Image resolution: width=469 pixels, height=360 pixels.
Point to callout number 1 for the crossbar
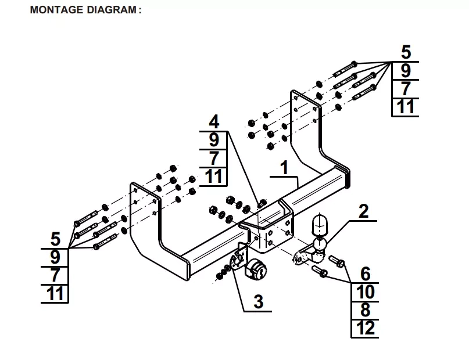pyautogui.click(x=284, y=168)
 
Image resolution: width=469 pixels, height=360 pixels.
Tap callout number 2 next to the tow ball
pyautogui.click(x=363, y=211)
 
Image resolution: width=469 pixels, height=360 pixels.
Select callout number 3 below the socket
pyautogui.click(x=259, y=301)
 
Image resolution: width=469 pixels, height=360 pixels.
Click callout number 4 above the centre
pyautogui.click(x=214, y=122)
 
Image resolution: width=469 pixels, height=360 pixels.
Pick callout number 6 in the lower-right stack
pyautogui.click(x=365, y=273)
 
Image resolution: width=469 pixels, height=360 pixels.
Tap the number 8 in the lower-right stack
pyautogui.click(x=365, y=310)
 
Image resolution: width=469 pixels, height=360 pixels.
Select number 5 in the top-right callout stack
pyautogui.click(x=406, y=53)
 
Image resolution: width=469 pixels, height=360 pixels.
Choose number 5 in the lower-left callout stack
pyautogui.click(x=56, y=239)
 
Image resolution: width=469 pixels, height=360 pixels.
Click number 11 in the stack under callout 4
pyautogui.click(x=214, y=176)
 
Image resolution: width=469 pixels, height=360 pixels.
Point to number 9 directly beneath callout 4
pyautogui.click(x=214, y=140)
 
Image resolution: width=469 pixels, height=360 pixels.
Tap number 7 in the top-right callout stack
pyautogui.click(x=406, y=89)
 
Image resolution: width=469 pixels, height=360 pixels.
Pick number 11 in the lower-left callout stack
pyautogui.click(x=56, y=293)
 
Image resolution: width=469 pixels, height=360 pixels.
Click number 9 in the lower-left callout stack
pyautogui.click(x=56, y=257)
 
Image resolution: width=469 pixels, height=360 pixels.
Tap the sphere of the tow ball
pyautogui.click(x=319, y=243)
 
